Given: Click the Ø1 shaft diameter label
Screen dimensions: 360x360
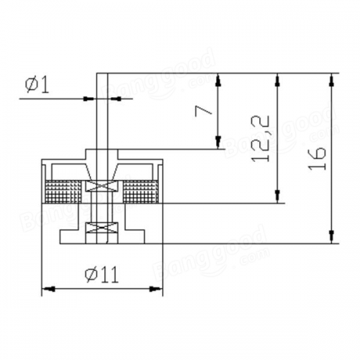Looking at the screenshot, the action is [x=37, y=86].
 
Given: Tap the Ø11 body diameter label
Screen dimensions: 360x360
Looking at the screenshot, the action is [x=102, y=275].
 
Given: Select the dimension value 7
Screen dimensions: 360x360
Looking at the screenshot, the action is [x=204, y=111].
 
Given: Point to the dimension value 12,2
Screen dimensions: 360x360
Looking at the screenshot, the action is [x=261, y=139].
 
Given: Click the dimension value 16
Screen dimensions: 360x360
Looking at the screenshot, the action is [x=318, y=158].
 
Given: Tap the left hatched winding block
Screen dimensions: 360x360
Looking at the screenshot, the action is [x=63, y=192].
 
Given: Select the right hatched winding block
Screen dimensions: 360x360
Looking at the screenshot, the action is [x=140, y=192].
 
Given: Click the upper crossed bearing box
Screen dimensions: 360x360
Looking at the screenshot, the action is [x=102, y=186].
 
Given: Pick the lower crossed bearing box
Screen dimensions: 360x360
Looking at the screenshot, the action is [x=102, y=227].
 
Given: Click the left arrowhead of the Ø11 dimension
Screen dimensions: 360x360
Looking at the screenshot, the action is [x=48, y=289].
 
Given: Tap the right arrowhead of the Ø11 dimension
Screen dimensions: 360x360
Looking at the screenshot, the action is [x=156, y=289].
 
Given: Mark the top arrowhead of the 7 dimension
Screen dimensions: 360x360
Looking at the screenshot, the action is [x=218, y=80].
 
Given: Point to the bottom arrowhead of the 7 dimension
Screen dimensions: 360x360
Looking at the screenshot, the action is [x=218, y=142].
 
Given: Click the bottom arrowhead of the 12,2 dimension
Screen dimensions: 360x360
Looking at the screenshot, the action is [x=278, y=197].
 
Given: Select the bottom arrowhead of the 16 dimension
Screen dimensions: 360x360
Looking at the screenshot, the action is [x=332, y=237].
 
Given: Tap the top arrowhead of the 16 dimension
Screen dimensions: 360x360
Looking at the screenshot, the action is [x=332, y=80].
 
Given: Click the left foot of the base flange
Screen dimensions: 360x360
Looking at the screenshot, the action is [x=70, y=237].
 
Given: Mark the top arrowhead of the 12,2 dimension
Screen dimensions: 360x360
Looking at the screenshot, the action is [x=278, y=80].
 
